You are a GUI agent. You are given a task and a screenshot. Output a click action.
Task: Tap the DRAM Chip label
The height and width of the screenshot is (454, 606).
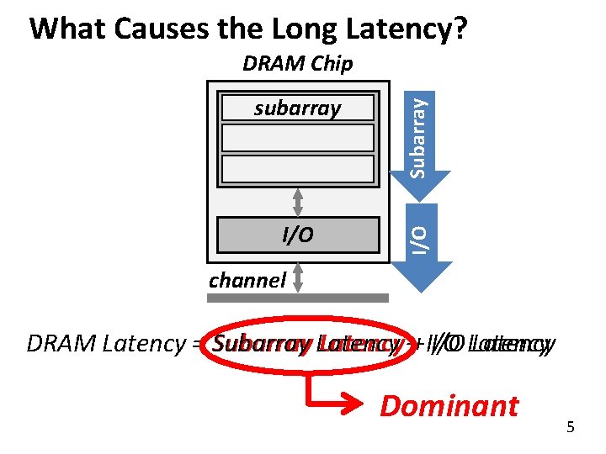tap(297, 63)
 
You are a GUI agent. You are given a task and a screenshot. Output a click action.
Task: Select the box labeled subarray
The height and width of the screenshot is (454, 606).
tap(297, 108)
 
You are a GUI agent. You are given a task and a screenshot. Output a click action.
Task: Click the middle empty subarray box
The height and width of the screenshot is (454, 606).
tap(297, 138)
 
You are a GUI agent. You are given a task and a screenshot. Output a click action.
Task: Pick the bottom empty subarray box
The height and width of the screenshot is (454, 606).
tap(297, 168)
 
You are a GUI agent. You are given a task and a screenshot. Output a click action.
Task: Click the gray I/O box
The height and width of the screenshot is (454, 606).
tap(297, 235)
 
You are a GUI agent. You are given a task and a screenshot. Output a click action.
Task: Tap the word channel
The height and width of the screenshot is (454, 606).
tap(247, 279)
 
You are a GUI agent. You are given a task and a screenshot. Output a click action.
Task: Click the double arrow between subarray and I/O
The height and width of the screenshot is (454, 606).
tap(297, 202)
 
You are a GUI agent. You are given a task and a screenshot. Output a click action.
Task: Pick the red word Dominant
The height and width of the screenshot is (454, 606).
tap(449, 406)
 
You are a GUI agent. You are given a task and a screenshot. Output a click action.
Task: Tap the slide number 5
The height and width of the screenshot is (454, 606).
tap(571, 428)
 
